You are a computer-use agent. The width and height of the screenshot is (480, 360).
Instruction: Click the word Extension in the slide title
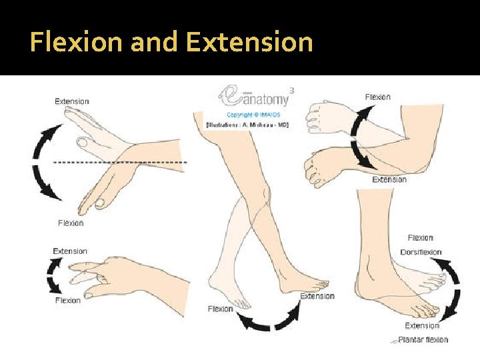click(x=249, y=42)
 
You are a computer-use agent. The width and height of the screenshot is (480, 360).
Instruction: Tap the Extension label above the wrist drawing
click(x=71, y=101)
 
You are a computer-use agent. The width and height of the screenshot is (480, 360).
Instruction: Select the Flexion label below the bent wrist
click(x=71, y=223)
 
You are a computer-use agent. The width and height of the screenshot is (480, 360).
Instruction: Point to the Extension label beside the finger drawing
click(x=70, y=251)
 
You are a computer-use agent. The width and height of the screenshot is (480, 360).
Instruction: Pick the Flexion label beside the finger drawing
click(x=67, y=301)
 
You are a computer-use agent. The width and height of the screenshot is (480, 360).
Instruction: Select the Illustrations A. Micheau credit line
click(x=247, y=125)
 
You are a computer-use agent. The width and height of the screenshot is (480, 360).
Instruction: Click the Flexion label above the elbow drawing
click(x=378, y=97)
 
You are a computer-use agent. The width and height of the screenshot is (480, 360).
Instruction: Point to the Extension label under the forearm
click(x=389, y=179)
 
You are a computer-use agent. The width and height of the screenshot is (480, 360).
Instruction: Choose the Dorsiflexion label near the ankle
click(x=421, y=252)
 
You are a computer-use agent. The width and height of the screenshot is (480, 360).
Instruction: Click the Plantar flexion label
click(x=423, y=340)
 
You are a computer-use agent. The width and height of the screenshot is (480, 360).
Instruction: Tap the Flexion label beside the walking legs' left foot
click(x=221, y=309)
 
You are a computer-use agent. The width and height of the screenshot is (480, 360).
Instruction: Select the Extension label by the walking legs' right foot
click(x=317, y=296)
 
